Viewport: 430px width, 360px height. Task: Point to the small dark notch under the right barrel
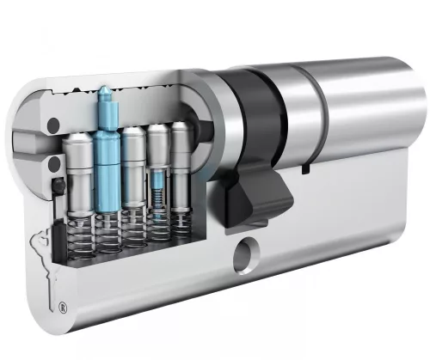[x=305, y=171]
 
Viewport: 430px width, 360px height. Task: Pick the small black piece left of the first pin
[x=57, y=185]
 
